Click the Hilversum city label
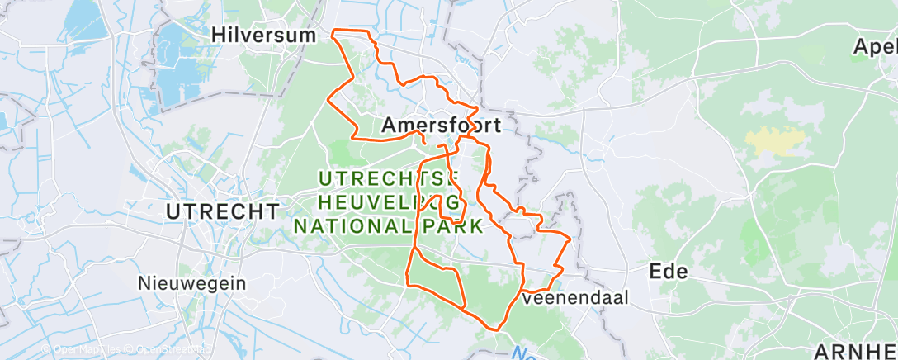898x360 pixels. (264, 35)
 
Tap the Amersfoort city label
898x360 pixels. (442, 126)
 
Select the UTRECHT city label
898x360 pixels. (222, 211)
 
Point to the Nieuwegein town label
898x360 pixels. (191, 282)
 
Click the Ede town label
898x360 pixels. (668, 271)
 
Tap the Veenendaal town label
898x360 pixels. (576, 297)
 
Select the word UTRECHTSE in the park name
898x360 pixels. (388, 178)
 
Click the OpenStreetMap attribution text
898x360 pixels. (170, 350)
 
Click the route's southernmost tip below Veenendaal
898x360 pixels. (496, 329)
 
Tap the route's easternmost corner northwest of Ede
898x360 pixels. (570, 238)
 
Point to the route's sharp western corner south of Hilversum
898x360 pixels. (328, 101)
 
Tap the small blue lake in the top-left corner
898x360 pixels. (87, 17)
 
